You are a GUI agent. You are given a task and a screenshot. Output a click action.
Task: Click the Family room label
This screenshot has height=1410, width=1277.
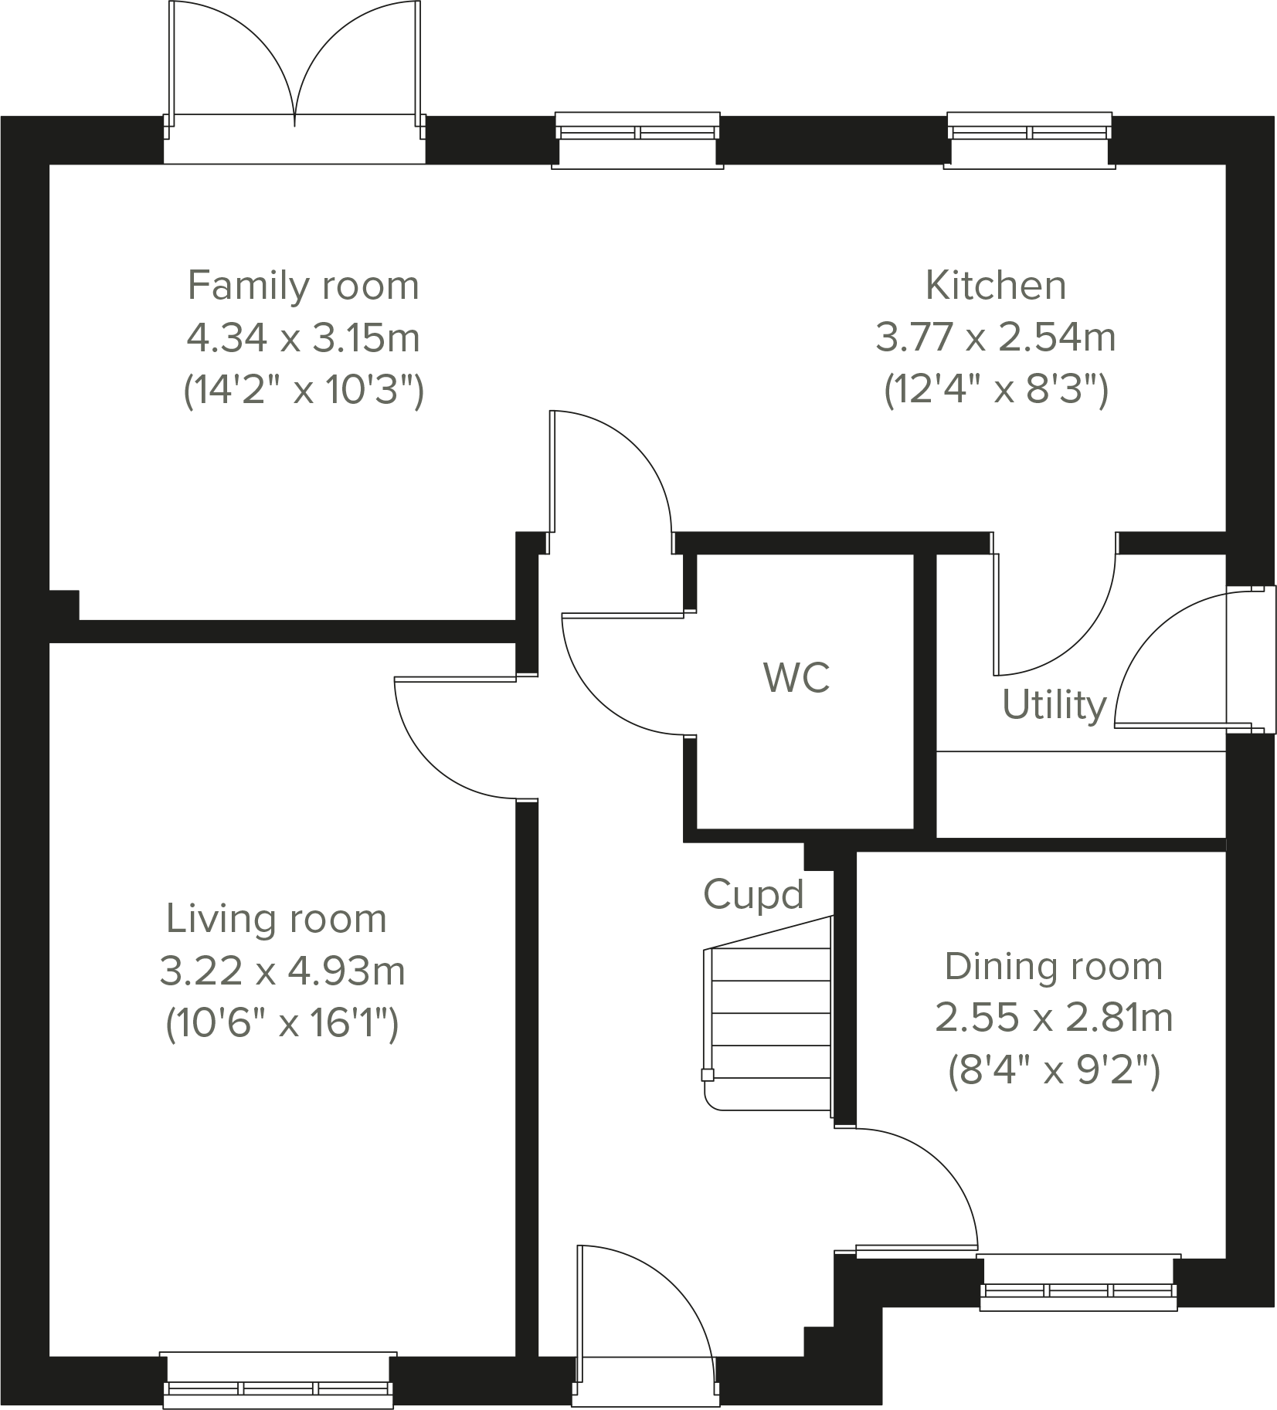(303, 286)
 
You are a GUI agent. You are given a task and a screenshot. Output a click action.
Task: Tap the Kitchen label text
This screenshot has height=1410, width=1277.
(995, 286)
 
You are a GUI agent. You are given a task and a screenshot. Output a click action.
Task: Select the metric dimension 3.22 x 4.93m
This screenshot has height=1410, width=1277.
(282, 971)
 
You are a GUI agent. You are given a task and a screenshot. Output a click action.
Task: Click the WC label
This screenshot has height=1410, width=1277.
(796, 678)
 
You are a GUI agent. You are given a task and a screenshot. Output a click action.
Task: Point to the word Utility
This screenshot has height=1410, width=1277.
(1054, 705)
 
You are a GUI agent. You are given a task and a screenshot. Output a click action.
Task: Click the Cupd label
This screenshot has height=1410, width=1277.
(753, 894)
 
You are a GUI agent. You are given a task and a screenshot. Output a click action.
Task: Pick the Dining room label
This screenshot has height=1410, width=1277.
(1053, 967)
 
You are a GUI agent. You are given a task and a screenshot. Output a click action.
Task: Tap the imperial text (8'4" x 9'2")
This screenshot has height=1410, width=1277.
(1053, 1072)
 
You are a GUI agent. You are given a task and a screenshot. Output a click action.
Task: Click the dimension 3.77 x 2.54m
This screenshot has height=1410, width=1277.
(995, 338)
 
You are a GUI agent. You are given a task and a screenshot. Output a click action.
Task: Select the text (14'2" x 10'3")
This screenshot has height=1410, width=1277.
(303, 391)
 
